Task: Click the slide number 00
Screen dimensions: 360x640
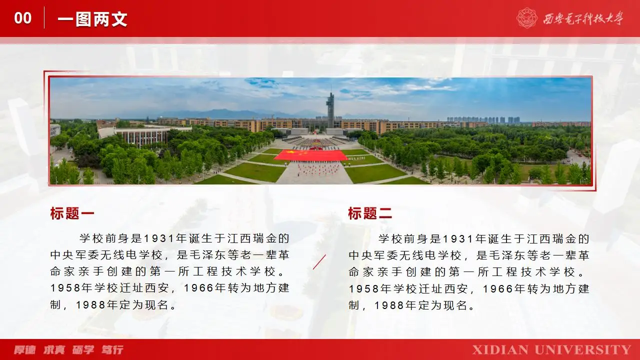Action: (x=23, y=18)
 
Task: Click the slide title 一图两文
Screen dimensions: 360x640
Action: (x=92, y=19)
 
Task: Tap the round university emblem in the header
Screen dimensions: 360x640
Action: (x=526, y=18)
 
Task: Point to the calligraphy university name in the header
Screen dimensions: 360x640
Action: (x=583, y=19)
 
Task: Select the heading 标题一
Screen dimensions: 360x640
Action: (x=72, y=213)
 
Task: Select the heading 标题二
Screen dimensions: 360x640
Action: (x=370, y=213)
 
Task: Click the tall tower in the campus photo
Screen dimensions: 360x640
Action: (x=330, y=110)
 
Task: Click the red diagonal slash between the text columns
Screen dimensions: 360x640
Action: (x=319, y=261)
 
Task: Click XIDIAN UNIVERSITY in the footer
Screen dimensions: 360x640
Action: (x=551, y=349)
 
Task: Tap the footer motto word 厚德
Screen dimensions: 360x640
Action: (x=25, y=349)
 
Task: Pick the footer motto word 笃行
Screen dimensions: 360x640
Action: (x=112, y=349)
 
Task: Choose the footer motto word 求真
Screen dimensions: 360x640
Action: (x=54, y=349)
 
